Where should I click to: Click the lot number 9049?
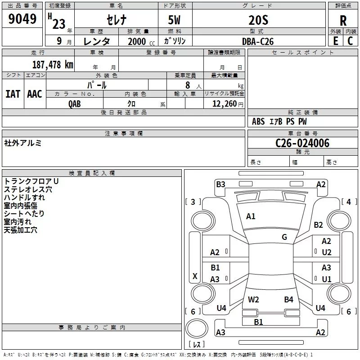(22, 19)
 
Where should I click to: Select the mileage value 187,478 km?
(53, 65)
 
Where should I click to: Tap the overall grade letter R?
(343, 21)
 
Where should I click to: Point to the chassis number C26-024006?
(302, 143)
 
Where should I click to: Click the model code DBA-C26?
(258, 41)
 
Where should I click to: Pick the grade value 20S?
(258, 20)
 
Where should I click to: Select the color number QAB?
(75, 104)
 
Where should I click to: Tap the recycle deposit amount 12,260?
(224, 104)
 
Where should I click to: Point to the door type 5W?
(174, 20)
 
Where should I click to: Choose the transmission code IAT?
(13, 94)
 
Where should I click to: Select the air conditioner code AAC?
(35, 94)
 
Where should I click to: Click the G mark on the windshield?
(284, 237)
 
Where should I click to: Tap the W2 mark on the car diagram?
(253, 300)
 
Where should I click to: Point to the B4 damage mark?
(288, 300)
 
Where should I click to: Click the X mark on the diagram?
(195, 276)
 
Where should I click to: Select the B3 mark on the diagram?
(220, 184)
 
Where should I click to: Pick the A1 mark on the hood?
(251, 216)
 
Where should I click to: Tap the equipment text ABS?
(258, 121)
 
